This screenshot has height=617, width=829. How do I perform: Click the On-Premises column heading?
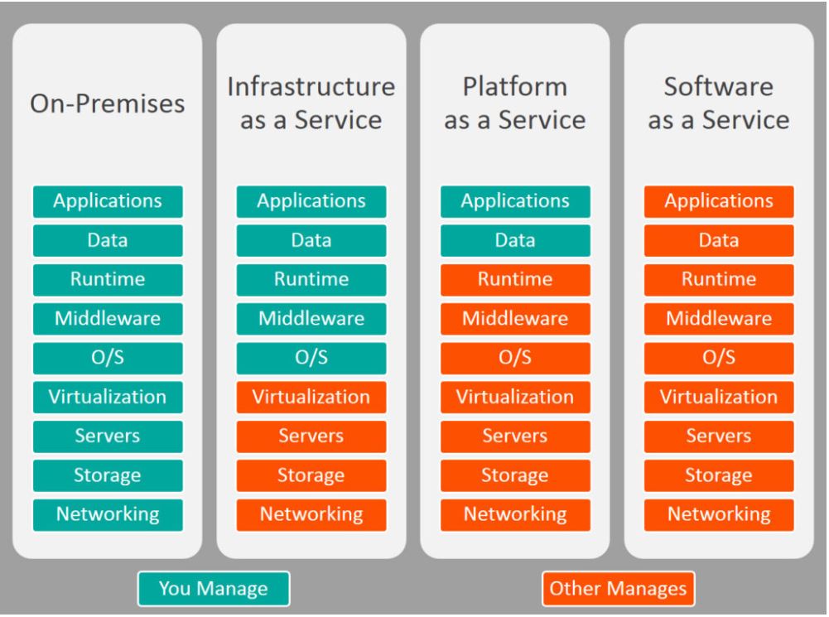[108, 104]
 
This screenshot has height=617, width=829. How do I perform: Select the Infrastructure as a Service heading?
[311, 104]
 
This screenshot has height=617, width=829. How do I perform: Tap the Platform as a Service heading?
[515, 104]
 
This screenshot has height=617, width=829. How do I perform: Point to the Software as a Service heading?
[719, 104]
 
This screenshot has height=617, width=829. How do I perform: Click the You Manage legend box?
[214, 589]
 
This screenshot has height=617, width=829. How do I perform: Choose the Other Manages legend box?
[619, 589]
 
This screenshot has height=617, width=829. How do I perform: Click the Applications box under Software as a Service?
[719, 201]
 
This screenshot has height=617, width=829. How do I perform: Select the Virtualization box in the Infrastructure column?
[311, 397]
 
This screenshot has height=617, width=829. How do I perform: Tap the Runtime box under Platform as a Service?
[515, 279]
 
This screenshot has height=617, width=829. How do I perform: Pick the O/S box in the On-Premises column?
[108, 358]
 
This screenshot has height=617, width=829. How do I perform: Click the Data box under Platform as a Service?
[515, 240]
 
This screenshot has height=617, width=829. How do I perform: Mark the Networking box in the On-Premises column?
[108, 514]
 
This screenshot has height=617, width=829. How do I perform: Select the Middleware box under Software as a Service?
[719, 318]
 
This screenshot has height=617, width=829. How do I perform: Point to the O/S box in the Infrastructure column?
[311, 358]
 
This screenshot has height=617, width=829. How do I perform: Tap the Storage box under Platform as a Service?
[515, 475]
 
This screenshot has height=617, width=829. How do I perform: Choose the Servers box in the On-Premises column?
[108, 436]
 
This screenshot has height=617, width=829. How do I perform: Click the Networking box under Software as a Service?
[719, 514]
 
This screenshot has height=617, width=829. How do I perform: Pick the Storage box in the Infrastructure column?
[311, 475]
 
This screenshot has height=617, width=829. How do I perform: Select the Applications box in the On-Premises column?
[108, 201]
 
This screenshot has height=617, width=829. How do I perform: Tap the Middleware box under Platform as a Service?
[515, 318]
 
